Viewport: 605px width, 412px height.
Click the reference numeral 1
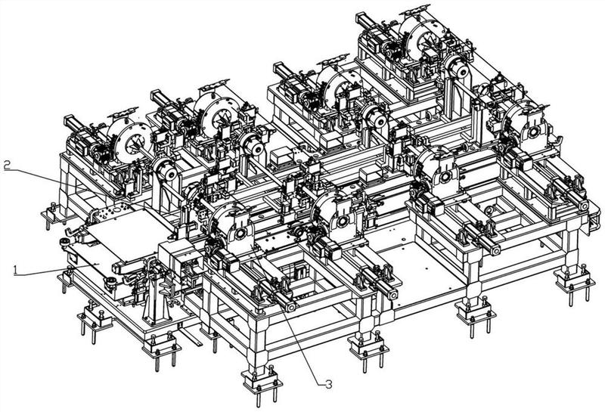15,270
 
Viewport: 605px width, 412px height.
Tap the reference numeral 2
7,165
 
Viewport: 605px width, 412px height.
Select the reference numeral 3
328,384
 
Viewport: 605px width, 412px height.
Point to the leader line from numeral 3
287,314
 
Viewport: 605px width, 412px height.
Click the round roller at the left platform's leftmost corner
66,242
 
